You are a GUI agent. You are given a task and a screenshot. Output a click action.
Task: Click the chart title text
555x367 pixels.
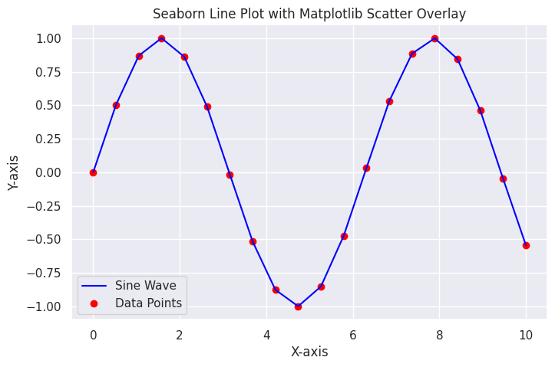tap(309, 14)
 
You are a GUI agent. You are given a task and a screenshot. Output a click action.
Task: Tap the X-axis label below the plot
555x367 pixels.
tap(309, 352)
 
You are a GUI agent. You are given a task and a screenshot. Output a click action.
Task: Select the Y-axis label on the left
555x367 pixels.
tap(14, 172)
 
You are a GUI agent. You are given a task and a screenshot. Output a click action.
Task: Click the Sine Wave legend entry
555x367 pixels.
tap(145, 285)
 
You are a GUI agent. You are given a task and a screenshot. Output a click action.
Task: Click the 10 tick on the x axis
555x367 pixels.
tap(526, 334)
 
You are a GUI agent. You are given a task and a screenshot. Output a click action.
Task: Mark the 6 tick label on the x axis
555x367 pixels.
tap(353, 334)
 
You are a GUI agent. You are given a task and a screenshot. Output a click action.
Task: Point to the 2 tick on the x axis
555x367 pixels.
tap(180, 334)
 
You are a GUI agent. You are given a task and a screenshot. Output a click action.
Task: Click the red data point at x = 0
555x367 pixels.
tap(93, 172)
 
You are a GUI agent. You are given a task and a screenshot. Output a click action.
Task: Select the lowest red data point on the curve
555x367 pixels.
tap(298, 306)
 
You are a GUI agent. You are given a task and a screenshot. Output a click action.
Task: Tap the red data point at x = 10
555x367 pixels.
tap(526, 245)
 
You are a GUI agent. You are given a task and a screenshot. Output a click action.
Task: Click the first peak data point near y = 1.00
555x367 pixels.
tap(161, 38)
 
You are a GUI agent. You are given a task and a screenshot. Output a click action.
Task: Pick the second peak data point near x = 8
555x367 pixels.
tap(434, 38)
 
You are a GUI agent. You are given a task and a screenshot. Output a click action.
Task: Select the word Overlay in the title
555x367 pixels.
tap(441, 14)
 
